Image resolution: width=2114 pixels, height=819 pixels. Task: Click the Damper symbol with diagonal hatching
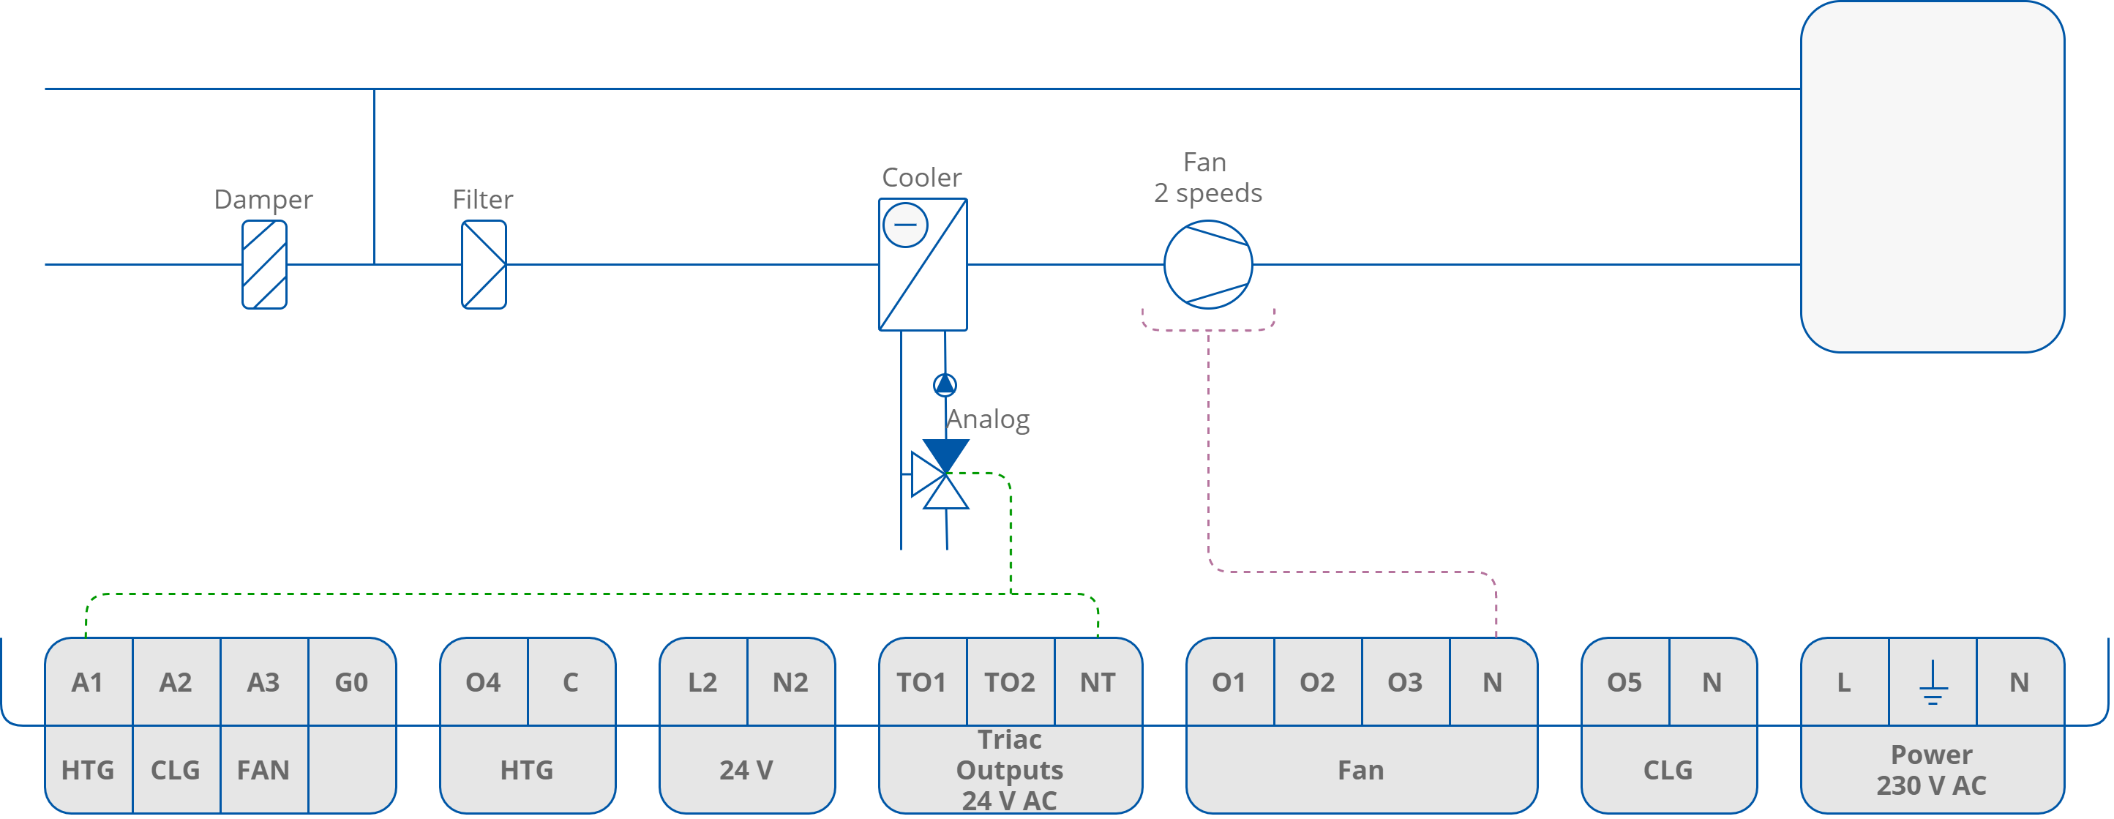[264, 264]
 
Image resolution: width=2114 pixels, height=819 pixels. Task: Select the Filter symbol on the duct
[484, 264]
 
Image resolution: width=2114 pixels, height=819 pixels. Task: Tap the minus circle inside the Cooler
[905, 224]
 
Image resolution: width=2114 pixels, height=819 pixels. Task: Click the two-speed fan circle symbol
[1207, 264]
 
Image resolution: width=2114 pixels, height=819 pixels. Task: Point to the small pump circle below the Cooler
[945, 384]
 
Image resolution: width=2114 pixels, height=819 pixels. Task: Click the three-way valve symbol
[941, 475]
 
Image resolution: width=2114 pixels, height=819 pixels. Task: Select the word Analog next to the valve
[987, 419]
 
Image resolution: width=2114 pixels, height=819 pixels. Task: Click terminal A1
[88, 682]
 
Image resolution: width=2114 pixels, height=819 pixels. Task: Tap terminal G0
[351, 682]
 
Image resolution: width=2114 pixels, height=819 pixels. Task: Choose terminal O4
[484, 682]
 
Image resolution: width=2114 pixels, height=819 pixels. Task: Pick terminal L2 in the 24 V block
[702, 682]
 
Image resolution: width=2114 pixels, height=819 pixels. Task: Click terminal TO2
[1009, 682]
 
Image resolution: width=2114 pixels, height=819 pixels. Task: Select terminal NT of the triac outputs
[1097, 682]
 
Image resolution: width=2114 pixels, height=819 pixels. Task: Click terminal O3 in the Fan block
[1404, 682]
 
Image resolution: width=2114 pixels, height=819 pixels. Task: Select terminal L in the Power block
[1844, 682]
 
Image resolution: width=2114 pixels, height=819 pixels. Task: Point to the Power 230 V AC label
[1931, 770]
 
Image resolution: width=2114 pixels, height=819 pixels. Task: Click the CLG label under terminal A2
[176, 770]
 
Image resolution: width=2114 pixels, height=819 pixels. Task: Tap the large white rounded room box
[1932, 176]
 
